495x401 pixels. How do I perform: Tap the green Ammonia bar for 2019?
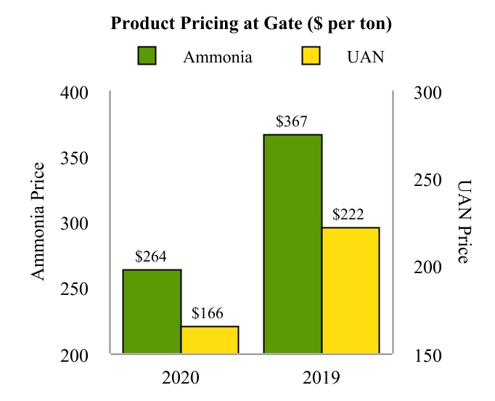pyautogui.click(x=292, y=243)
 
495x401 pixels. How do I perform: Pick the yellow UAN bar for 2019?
pyautogui.click(x=351, y=290)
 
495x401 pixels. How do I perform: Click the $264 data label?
pyautogui.click(x=151, y=256)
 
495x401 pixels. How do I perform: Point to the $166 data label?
pyautogui.click(x=208, y=314)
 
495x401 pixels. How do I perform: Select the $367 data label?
pyautogui.click(x=292, y=121)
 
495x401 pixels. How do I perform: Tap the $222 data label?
pyautogui.click(x=348, y=215)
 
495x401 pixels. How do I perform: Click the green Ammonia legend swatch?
pyautogui.click(x=147, y=57)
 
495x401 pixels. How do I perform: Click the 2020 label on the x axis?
pyautogui.click(x=180, y=377)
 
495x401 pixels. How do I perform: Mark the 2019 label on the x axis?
pyautogui.click(x=321, y=377)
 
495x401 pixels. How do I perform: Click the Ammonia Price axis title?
pyautogui.click(x=38, y=221)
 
